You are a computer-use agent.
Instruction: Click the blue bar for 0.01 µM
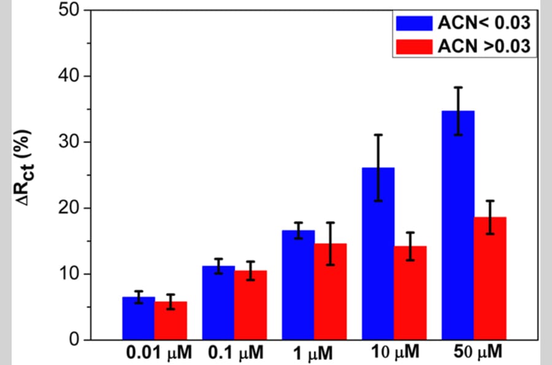coord(139,318)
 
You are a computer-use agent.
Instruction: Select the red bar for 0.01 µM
coord(171,321)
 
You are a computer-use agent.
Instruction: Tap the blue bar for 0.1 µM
coord(218,302)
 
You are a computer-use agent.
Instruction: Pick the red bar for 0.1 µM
coord(251,305)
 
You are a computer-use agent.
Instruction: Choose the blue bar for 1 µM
coord(298,285)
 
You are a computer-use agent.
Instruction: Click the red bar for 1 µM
coord(331,292)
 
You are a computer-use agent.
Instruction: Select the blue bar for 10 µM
coord(378,254)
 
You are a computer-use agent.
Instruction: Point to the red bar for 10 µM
coord(410,293)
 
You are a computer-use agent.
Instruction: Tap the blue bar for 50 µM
coord(458,226)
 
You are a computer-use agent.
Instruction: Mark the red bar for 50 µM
coord(491,278)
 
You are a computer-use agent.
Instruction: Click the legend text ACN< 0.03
coord(484,23)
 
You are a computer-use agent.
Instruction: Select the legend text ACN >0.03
coord(484,46)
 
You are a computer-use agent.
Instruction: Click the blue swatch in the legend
coord(414,23)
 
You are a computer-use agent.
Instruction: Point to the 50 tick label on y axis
coord(69,10)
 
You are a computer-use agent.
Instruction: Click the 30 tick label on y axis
coord(69,142)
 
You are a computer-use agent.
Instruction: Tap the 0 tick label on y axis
coord(74,340)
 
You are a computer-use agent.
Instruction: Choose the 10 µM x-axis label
coord(396,352)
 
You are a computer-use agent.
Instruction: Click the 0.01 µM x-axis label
coord(159,353)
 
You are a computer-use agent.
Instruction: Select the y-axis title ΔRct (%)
coord(24,168)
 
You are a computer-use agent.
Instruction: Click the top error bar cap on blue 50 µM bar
coord(458,87)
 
